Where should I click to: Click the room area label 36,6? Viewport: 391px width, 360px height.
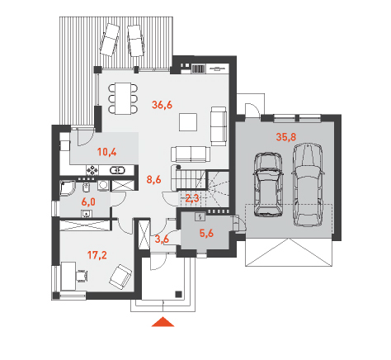coord(163,105)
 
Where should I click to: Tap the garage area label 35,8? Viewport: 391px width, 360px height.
coord(286,137)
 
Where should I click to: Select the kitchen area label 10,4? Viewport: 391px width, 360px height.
coord(107,152)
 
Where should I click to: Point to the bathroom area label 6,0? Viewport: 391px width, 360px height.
coord(88,202)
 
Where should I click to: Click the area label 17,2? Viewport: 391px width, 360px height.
coord(97,255)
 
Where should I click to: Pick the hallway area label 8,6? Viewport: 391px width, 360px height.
coord(153,180)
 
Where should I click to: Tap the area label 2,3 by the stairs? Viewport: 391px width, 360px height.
coord(192,198)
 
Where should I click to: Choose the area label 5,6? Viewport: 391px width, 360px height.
coord(206,234)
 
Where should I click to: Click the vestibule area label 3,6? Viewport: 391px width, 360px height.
coord(162,239)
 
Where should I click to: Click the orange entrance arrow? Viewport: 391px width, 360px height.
coord(163,322)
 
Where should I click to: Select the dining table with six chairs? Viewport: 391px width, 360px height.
coord(123,98)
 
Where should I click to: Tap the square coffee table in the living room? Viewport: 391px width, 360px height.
coord(188,122)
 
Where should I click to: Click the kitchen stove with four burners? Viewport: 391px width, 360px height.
coord(92,170)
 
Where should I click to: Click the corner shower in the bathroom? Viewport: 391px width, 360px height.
coord(68,188)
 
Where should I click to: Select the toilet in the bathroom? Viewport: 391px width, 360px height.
coord(86,187)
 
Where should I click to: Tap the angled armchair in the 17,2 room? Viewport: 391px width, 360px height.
coord(120,277)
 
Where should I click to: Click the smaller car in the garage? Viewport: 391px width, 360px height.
coord(268,185)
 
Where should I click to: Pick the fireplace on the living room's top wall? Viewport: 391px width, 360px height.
coord(198,69)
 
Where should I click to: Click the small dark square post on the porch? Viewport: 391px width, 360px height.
coord(179,294)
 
